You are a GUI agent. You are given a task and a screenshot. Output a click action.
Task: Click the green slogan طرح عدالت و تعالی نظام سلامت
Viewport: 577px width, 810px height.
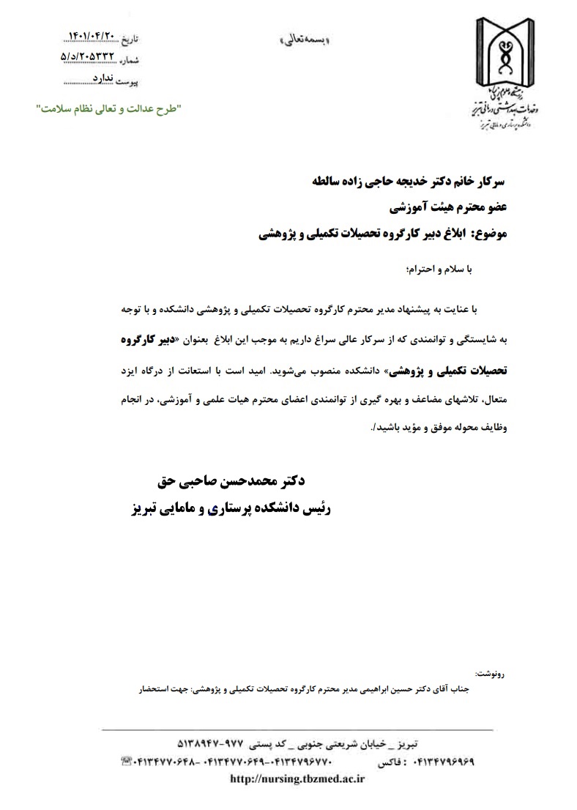click(x=109, y=108)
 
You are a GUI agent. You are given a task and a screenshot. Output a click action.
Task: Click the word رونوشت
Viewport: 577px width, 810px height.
click(x=490, y=672)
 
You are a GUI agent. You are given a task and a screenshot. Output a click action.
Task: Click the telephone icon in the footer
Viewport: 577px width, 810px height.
click(x=125, y=762)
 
